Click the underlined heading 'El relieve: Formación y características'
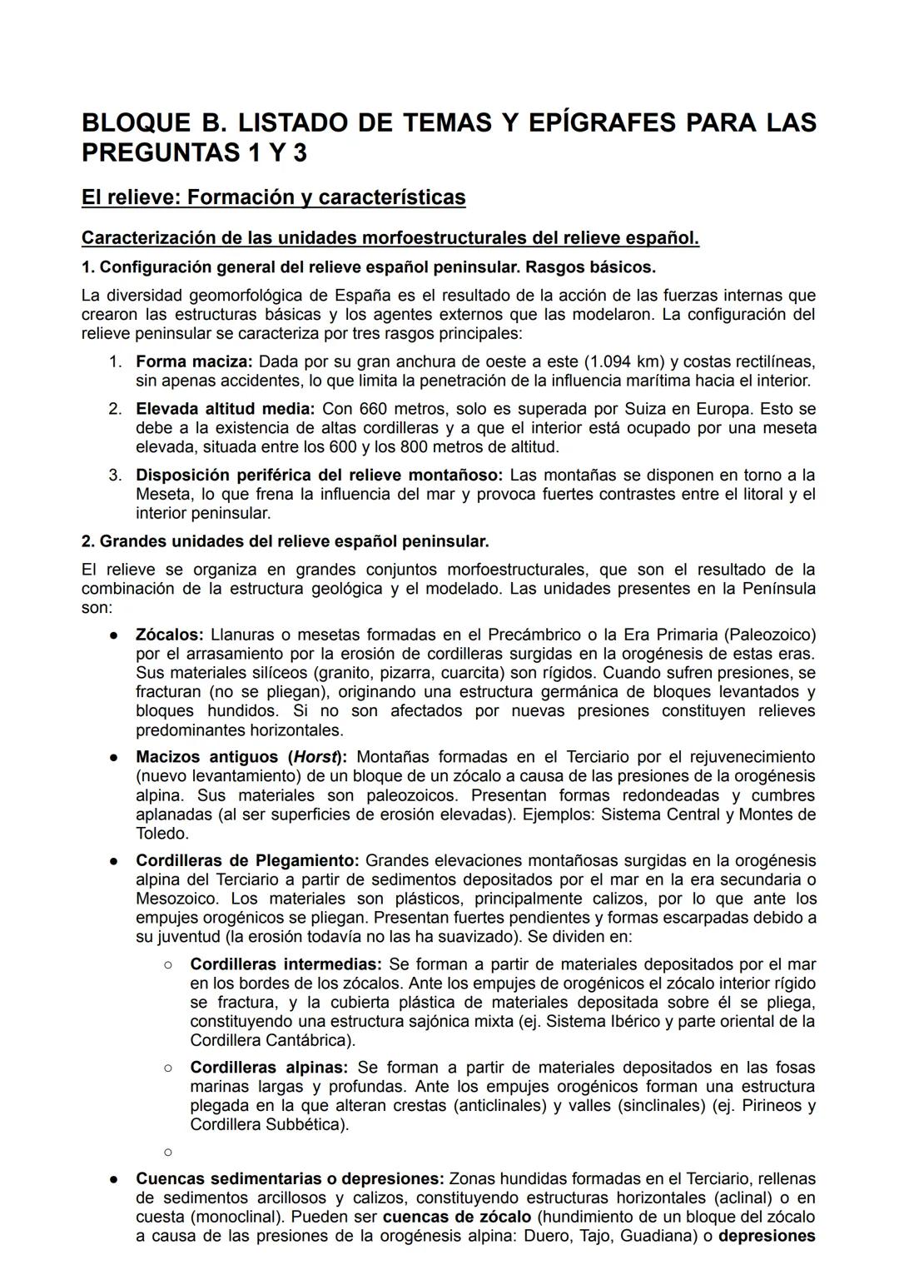(273, 197)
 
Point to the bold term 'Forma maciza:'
(195, 362)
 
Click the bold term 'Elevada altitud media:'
(226, 409)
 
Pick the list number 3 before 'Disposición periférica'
(115, 476)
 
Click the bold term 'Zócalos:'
(170, 635)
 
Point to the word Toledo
(161, 834)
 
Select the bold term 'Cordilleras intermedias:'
(286, 964)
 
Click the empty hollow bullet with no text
(167, 1153)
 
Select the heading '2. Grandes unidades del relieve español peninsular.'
(285, 541)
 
